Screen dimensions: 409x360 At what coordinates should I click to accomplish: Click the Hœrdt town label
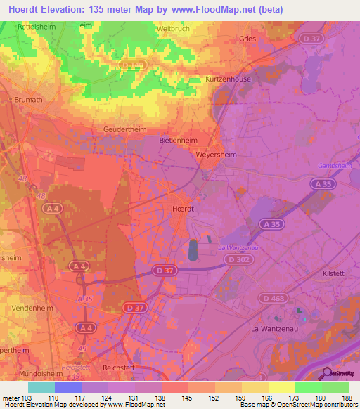[x=184, y=209]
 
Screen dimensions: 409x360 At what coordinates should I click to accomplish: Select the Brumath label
[x=28, y=100]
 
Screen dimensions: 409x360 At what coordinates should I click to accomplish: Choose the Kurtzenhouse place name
[x=229, y=79]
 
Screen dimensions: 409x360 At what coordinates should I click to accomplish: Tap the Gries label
[x=247, y=39]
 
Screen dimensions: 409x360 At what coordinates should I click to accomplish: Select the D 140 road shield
[x=130, y=65]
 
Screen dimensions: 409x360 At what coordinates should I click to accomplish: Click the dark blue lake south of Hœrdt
[x=193, y=250]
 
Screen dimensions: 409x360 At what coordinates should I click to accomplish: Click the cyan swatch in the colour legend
[x=41, y=387]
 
